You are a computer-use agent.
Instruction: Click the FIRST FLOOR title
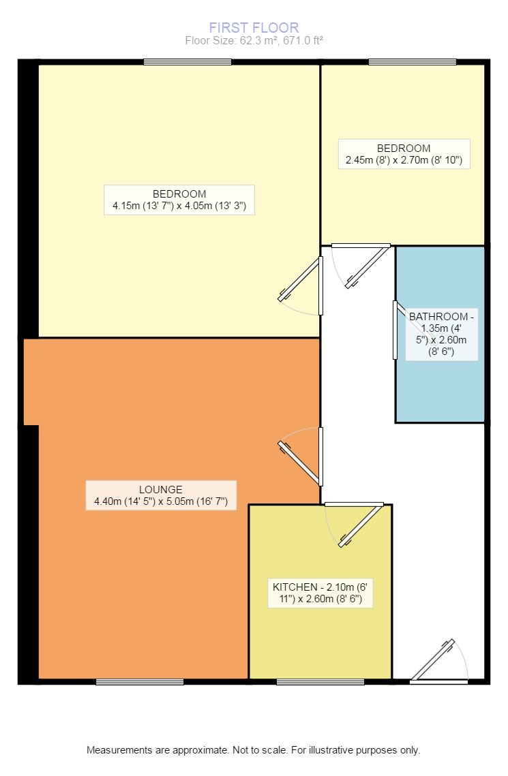(254, 28)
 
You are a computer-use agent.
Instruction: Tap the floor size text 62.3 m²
(254, 41)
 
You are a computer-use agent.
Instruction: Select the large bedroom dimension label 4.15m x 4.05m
(179, 200)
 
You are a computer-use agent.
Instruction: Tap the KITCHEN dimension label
(323, 594)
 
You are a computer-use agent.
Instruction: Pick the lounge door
(300, 460)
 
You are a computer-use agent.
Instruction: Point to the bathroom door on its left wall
(395, 330)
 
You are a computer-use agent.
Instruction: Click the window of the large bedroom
(188, 62)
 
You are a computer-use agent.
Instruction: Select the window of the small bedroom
(412, 62)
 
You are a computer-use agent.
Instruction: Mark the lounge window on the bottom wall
(140, 681)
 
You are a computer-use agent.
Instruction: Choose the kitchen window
(320, 681)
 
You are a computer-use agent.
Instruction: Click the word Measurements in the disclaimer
(118, 750)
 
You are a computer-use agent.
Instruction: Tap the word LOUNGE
(161, 489)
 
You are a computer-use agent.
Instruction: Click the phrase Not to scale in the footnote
(260, 750)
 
